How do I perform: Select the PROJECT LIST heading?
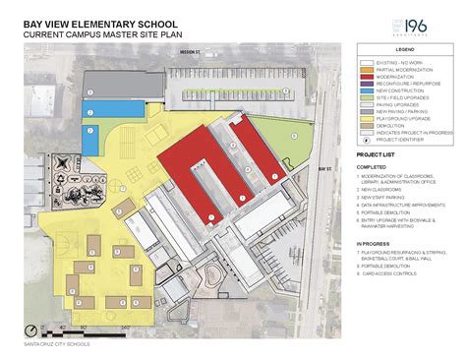click(378, 155)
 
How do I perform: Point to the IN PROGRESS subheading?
click(374, 243)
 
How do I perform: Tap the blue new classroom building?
click(89, 138)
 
